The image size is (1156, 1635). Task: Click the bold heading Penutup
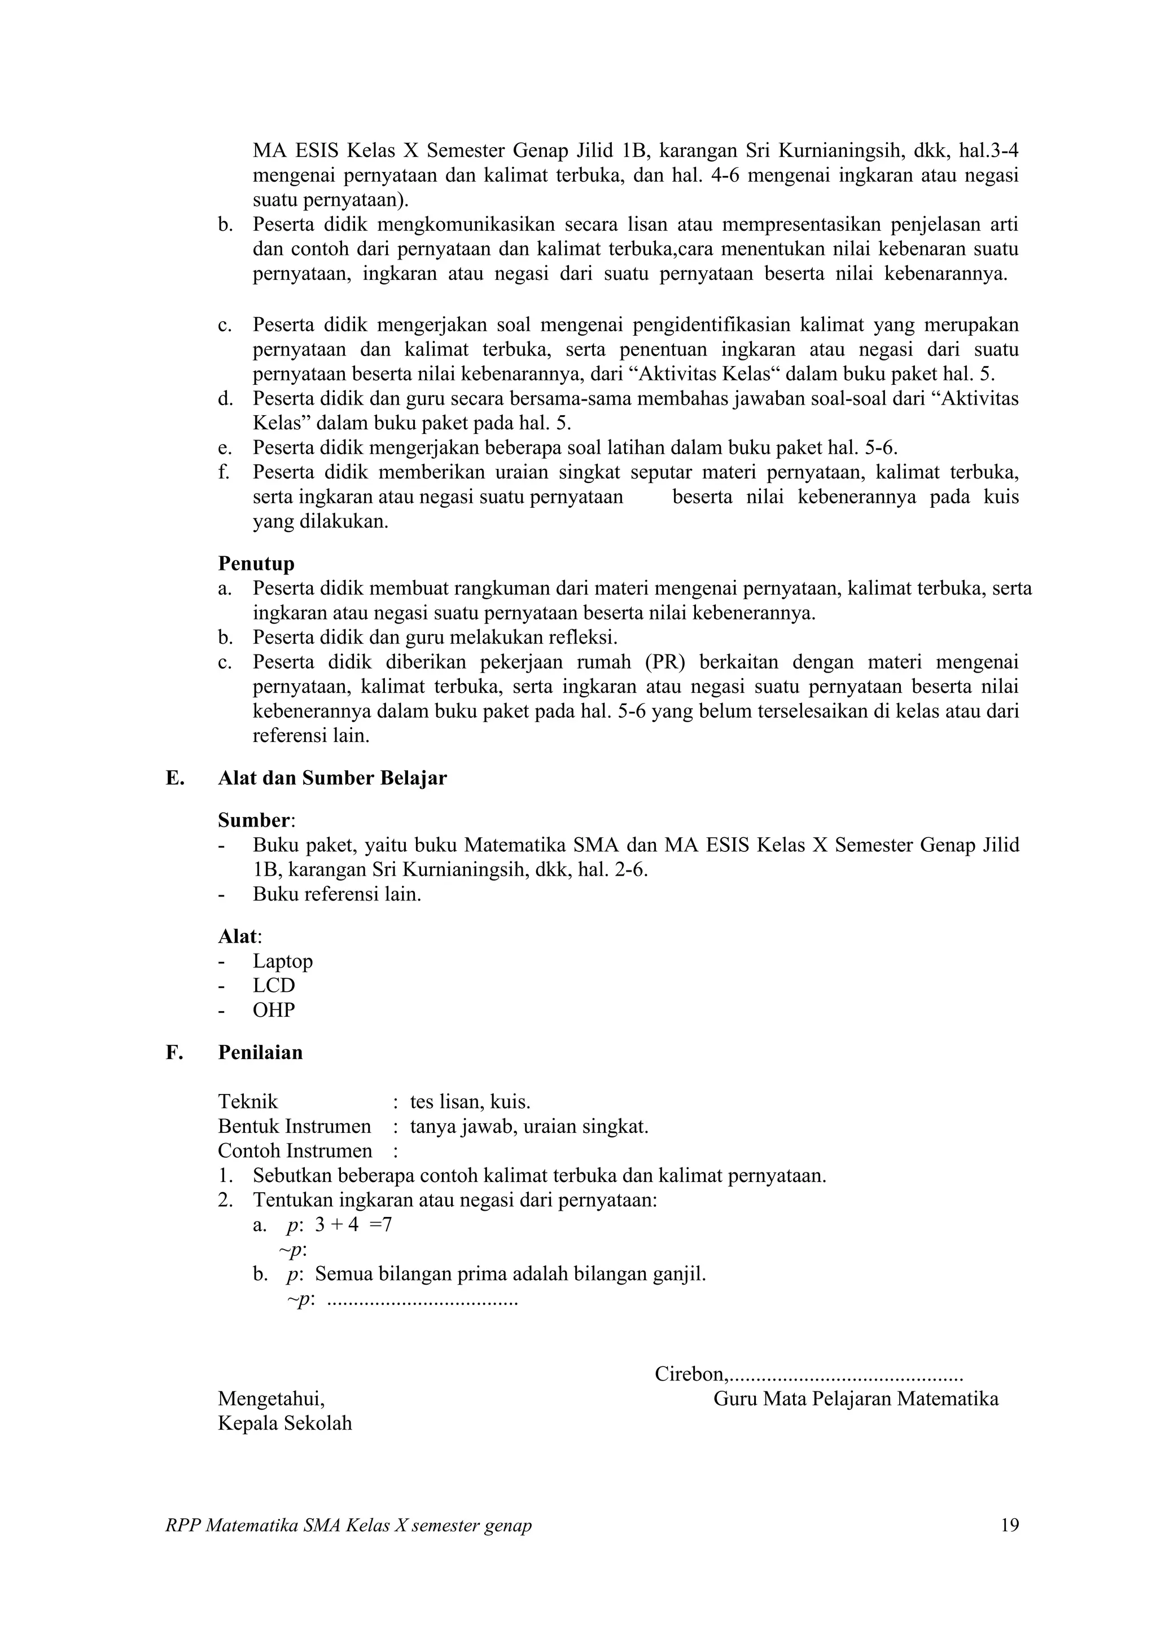256,564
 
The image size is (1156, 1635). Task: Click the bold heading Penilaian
260,1053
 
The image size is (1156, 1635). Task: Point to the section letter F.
174,1053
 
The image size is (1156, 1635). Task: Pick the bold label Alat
238,937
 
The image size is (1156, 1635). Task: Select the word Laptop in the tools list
283,961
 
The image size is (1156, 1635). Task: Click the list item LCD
274,986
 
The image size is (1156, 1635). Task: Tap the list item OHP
274,1010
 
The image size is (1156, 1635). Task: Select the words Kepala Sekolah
285,1423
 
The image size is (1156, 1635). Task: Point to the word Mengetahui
271,1399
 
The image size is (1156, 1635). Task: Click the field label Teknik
248,1102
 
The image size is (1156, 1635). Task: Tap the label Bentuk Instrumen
294,1127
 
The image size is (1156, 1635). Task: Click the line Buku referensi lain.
337,894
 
